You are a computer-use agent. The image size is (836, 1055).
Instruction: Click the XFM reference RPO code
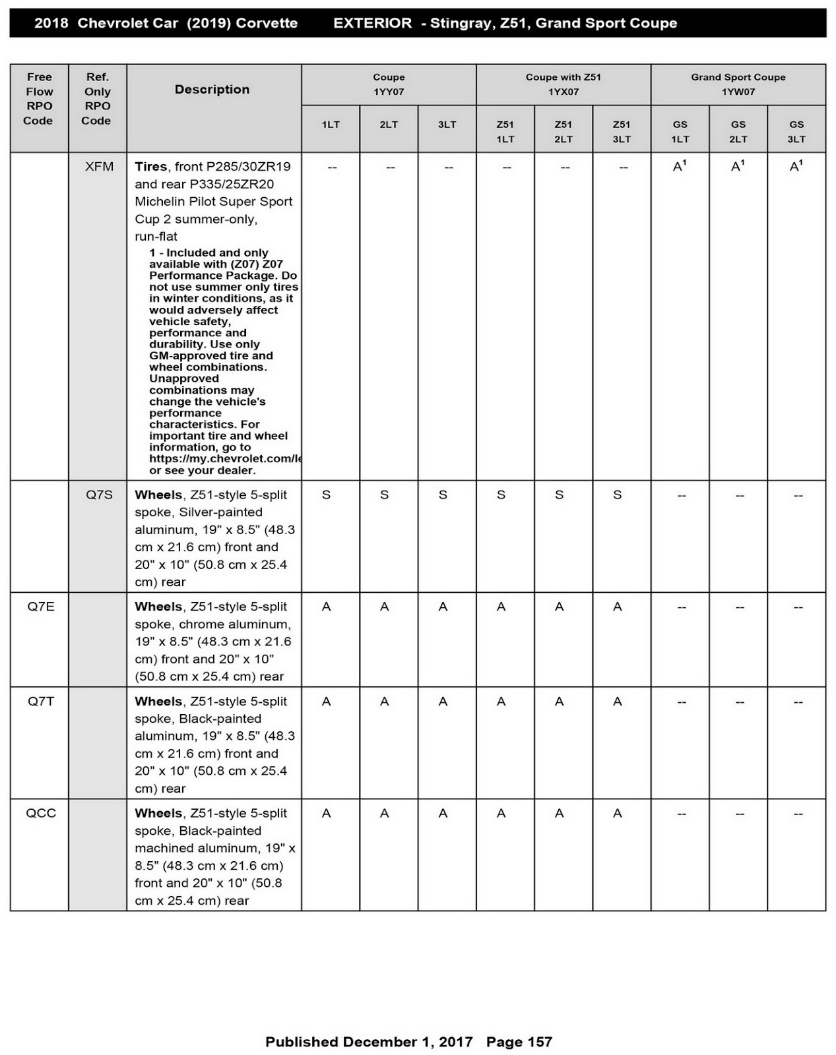click(99, 167)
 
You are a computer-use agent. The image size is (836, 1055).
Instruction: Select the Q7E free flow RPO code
click(41, 607)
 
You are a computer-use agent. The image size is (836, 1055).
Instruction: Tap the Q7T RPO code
click(41, 702)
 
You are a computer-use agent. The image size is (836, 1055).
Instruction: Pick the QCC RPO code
click(41, 814)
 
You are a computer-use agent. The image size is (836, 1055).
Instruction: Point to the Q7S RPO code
click(99, 495)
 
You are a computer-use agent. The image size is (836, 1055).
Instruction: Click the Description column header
click(212, 90)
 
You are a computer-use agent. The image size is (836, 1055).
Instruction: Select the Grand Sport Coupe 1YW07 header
click(738, 84)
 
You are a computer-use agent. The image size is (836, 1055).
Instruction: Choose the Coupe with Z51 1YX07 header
click(563, 84)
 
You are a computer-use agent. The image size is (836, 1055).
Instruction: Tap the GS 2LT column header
click(738, 131)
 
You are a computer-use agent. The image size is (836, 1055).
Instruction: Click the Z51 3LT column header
click(621, 131)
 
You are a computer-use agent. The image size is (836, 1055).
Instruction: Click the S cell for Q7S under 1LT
click(326, 495)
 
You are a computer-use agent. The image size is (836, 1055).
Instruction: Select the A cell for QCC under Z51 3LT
click(617, 814)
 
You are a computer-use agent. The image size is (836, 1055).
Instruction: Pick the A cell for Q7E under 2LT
click(384, 607)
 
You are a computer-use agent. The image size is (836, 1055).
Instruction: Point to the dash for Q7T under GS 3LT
click(798, 702)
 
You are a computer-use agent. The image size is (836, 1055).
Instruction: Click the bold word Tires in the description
click(151, 167)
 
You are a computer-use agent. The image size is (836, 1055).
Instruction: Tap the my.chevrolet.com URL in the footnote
click(225, 459)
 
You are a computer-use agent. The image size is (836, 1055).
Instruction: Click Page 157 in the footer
click(519, 1042)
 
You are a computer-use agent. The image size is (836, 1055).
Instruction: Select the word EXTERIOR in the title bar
click(372, 23)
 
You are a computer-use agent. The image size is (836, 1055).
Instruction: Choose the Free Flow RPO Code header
click(38, 99)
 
